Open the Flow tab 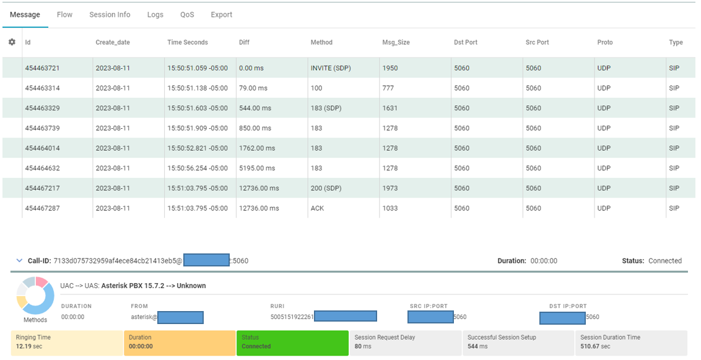64,14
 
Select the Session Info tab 110,14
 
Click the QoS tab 187,14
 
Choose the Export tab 221,14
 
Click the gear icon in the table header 12,42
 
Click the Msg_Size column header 396,42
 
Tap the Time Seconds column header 187,42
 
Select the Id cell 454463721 42,68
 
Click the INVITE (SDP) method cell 331,68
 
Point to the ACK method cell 317,208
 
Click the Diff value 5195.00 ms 257,168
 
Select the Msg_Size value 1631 390,108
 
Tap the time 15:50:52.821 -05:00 198,148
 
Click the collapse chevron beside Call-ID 19,261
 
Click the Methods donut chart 35,296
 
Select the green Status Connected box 292,342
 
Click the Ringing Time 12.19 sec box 67,342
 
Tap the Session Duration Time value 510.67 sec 595,346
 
